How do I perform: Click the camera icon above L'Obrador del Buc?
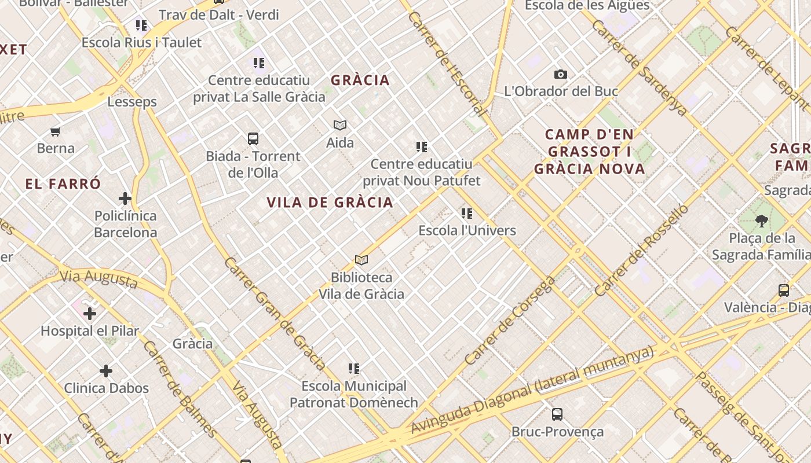coord(560,74)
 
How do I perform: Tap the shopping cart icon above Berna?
coord(56,131)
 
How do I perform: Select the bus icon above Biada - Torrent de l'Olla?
coord(253,139)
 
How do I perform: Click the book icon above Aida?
coord(340,125)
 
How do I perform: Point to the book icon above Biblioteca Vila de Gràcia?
coord(361,260)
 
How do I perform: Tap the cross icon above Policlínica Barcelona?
coord(125,199)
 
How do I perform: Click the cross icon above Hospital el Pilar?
coord(90,314)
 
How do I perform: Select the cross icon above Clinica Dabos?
coord(106,371)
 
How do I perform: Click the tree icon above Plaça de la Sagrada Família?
coord(762,221)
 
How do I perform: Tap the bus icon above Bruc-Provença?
coord(557,414)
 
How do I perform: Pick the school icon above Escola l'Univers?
coord(467,214)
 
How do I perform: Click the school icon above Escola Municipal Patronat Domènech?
coord(354,369)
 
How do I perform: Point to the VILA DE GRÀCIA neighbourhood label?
coord(330,203)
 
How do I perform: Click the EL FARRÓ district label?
coord(63,185)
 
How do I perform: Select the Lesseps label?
coord(132,102)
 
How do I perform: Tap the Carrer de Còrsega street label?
coord(510,321)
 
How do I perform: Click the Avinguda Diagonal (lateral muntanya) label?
coord(532,389)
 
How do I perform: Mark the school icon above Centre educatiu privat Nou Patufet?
coord(422,147)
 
